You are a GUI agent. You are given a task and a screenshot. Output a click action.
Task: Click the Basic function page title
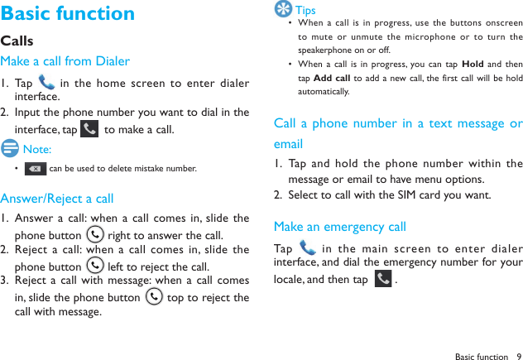pyautogui.click(x=68, y=14)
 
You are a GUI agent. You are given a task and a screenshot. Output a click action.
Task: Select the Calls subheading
pyautogui.click(x=17, y=41)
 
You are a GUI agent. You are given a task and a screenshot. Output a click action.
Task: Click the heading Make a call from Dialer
pyautogui.click(x=65, y=61)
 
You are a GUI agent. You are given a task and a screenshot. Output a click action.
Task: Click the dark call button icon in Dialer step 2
pyautogui.click(x=89, y=129)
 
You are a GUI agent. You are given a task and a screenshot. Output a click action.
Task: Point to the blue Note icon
pyautogui.click(x=10, y=149)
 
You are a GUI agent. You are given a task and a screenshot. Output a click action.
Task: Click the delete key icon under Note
pyautogui.click(x=36, y=169)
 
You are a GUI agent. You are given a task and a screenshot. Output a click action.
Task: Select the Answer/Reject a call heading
pyautogui.click(x=57, y=199)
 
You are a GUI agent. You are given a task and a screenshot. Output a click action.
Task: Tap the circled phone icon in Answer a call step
pyautogui.click(x=95, y=235)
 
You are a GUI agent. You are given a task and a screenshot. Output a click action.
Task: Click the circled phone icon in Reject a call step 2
pyautogui.click(x=95, y=266)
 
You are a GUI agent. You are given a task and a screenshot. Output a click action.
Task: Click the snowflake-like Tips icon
pyautogui.click(x=283, y=10)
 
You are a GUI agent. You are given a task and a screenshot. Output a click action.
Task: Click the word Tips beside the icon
pyautogui.click(x=305, y=11)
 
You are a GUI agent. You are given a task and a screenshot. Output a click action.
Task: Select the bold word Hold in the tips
pyautogui.click(x=473, y=65)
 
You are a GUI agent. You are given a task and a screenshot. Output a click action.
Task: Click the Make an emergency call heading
pyautogui.click(x=339, y=227)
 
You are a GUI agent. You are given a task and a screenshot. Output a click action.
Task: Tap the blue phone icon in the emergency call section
pyautogui.click(x=308, y=248)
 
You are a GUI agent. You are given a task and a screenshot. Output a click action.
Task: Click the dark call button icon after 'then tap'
pyautogui.click(x=383, y=279)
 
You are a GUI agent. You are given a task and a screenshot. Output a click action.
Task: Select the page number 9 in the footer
pyautogui.click(x=518, y=357)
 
